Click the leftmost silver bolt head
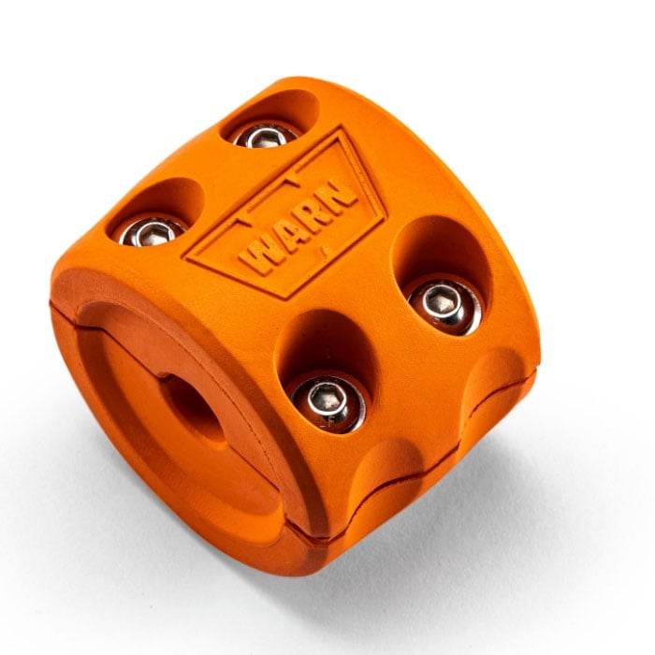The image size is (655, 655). tap(153, 232)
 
